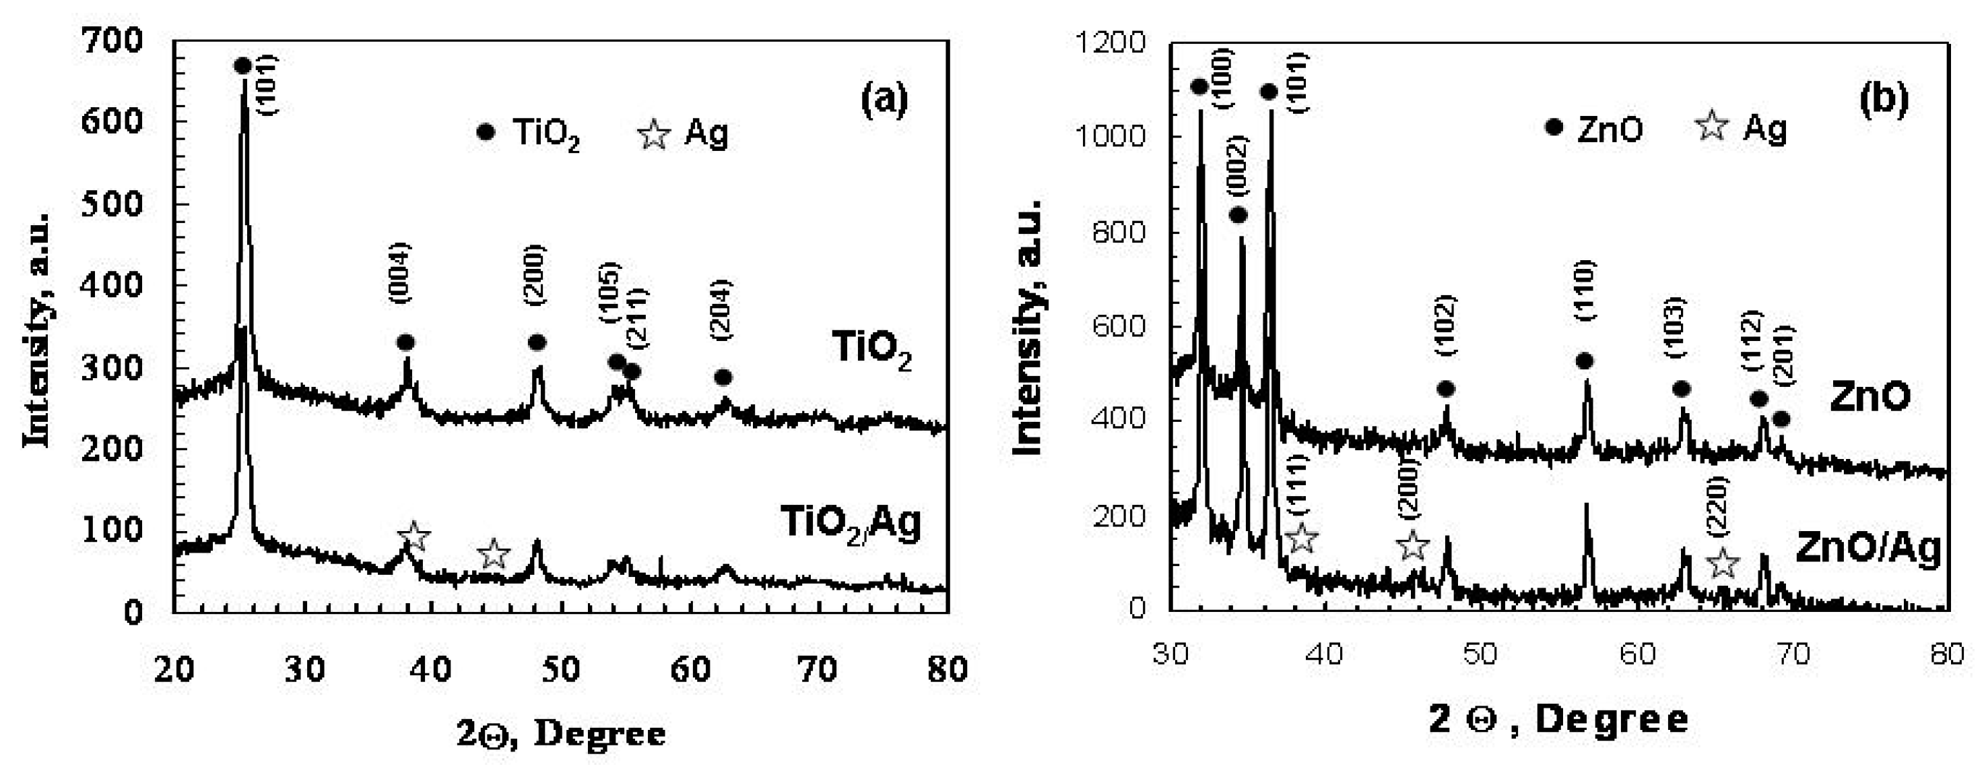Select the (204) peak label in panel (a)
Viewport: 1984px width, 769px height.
[722, 310]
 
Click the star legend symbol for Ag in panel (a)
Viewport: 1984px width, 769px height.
[654, 135]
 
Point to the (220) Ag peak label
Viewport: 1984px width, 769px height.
[1718, 505]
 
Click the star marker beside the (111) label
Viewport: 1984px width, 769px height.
[1301, 538]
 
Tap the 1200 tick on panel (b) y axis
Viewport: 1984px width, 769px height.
[1111, 42]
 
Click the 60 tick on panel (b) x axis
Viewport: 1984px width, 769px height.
[1636, 654]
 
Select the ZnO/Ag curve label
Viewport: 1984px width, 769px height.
[1867, 549]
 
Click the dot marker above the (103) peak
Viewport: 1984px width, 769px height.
[1682, 389]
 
